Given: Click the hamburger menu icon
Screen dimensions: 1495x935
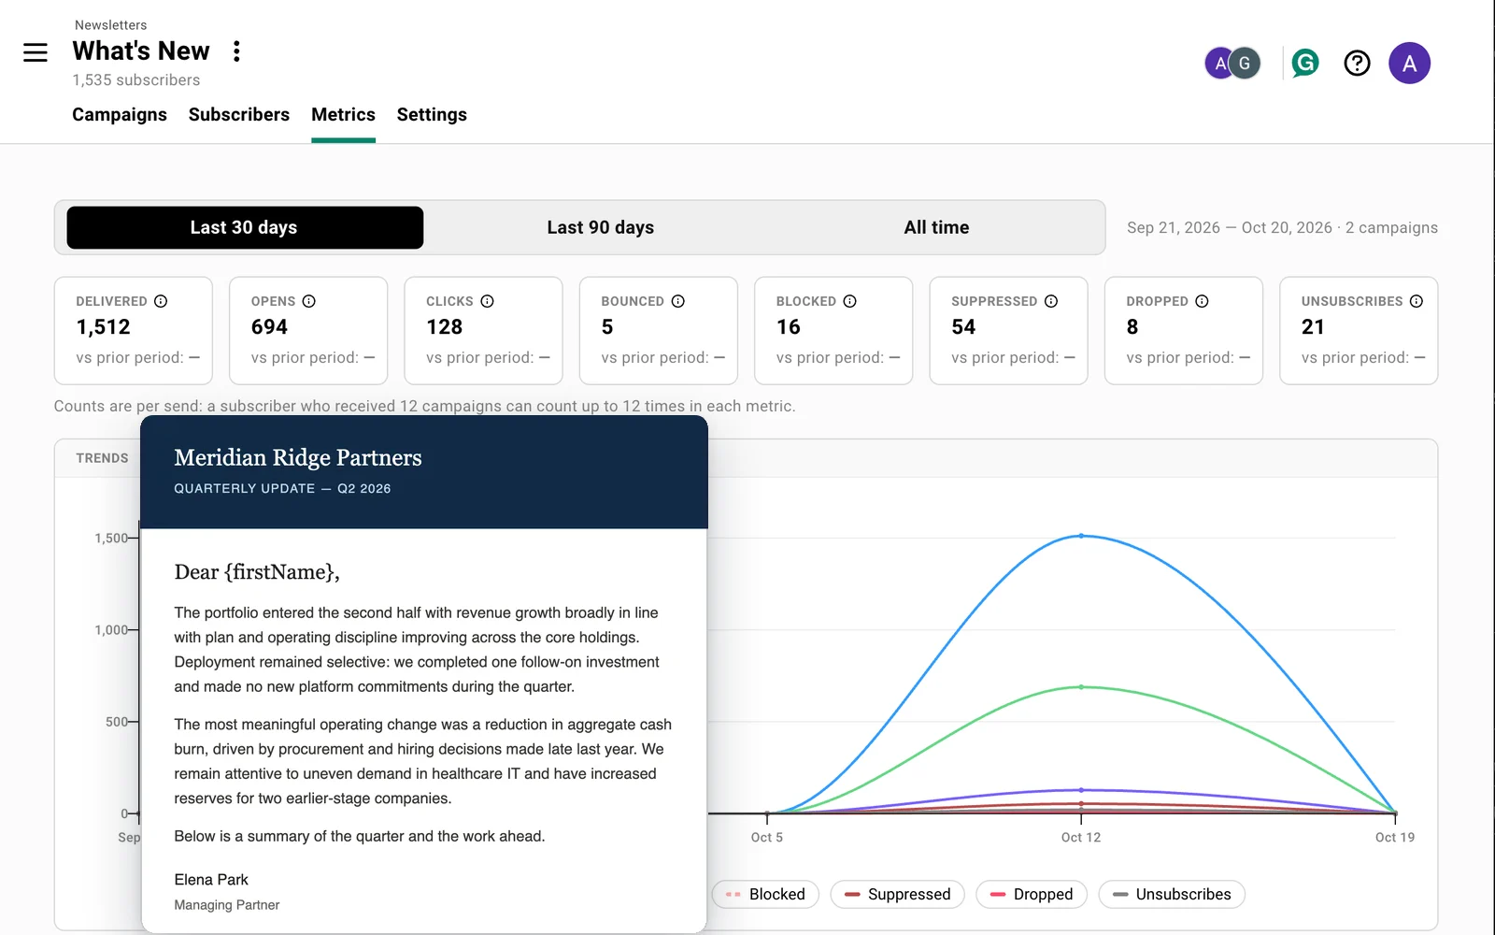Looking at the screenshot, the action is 36,52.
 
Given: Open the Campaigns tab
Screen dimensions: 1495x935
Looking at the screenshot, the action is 120,115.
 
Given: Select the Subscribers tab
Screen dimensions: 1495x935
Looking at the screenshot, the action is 239,115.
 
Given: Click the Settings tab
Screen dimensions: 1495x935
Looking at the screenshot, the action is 432,115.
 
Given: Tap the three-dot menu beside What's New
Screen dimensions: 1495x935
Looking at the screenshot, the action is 236,51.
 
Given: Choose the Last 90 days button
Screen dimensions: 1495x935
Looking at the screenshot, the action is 600,228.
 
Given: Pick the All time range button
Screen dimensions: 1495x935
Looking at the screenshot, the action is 936,228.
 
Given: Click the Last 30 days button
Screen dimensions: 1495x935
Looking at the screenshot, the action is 245,228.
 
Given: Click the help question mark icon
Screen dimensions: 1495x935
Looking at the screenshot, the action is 1357,64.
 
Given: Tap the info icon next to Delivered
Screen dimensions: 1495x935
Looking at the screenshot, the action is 161,301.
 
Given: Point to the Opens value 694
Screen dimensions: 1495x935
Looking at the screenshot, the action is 269,326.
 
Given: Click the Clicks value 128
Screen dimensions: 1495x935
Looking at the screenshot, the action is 444,326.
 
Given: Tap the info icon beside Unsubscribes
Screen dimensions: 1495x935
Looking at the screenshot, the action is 1417,301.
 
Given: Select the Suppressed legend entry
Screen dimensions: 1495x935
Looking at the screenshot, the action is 897,894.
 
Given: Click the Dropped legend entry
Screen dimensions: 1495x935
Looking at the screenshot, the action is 1032,894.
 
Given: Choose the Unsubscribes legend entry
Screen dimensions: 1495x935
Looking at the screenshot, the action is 1172,894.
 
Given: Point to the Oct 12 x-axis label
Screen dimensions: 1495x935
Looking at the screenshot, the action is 1080,838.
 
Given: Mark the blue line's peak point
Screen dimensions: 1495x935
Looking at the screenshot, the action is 1081,536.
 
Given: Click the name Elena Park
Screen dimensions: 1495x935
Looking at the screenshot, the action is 211,880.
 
